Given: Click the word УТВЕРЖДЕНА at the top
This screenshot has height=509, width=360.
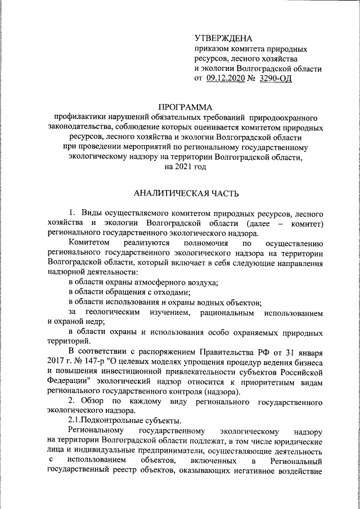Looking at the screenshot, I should (224, 38).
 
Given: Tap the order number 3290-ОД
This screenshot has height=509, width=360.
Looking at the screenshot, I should (276, 79).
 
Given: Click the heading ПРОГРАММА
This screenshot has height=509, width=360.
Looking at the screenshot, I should (185, 107).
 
